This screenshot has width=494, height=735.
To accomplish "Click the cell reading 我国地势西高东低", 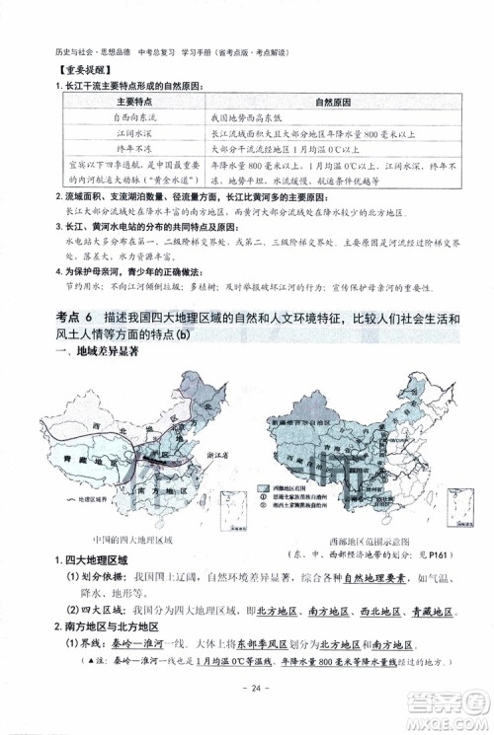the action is click(247, 117).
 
